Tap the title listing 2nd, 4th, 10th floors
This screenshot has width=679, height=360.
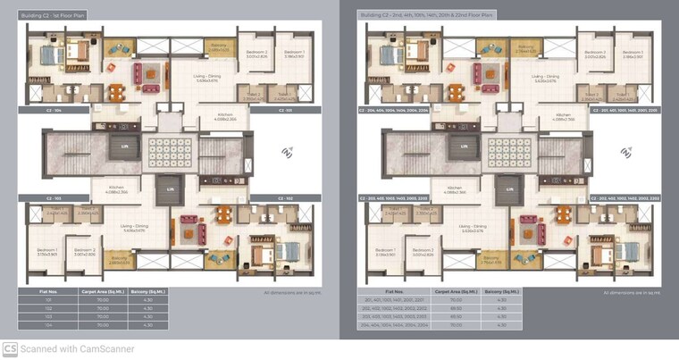[x=426, y=15]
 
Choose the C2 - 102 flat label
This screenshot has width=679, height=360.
[x=285, y=197]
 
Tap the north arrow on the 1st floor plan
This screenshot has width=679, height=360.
[x=287, y=153]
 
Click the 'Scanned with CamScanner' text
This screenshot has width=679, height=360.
[x=77, y=349]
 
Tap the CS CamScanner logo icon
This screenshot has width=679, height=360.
[x=10, y=349]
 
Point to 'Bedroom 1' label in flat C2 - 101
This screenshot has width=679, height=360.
[x=294, y=54]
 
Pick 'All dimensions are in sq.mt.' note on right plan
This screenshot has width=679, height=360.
[x=629, y=291]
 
